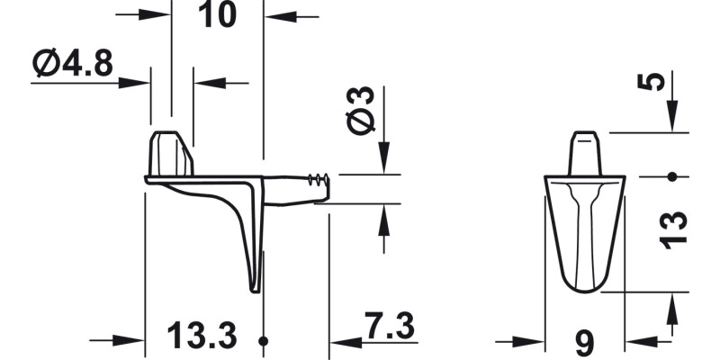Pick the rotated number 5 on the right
click(658, 82)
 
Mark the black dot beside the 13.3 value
click(263, 341)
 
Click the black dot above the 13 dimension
click(671, 176)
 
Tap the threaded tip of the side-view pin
click(318, 179)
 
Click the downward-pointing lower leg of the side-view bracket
click(256, 261)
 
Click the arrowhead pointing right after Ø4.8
click(139, 83)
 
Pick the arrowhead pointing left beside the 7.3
click(339, 341)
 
